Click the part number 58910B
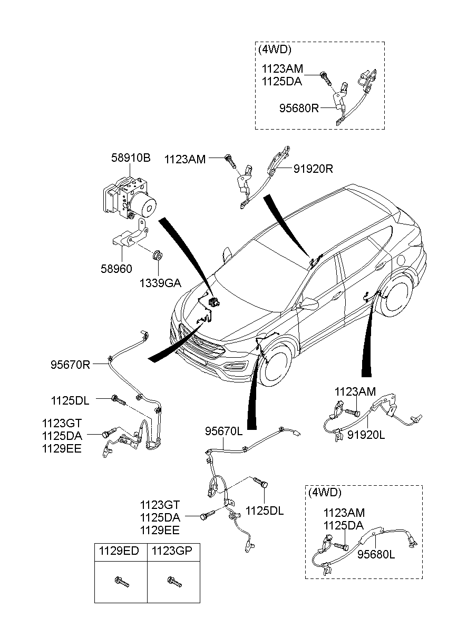click(131, 158)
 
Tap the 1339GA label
click(160, 283)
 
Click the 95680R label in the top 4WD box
click(299, 109)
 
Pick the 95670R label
click(71, 364)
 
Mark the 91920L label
click(366, 435)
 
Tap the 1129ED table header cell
click(120, 551)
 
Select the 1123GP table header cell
click(172, 551)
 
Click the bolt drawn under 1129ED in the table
click(121, 581)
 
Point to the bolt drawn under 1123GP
click(173, 581)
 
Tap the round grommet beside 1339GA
click(157, 257)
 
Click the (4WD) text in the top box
click(275, 49)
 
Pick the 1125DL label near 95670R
click(70, 401)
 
